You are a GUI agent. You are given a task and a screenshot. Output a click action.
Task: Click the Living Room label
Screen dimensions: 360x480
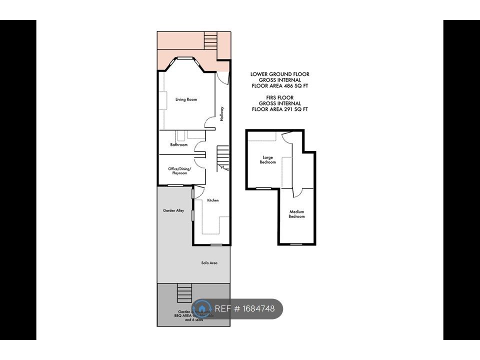[x=186, y=99]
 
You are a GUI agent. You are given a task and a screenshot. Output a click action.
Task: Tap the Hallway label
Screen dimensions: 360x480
[x=222, y=114]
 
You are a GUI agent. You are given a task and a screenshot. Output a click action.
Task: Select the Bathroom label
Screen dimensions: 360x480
[x=178, y=145]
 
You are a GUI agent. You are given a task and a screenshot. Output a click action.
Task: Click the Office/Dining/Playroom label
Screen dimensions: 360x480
[x=180, y=171]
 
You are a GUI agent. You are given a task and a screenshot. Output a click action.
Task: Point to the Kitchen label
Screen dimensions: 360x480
[x=213, y=200]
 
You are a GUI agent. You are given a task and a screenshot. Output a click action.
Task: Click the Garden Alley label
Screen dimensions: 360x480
[x=173, y=210]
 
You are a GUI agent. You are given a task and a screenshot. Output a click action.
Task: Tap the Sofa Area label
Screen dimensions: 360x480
[x=209, y=263]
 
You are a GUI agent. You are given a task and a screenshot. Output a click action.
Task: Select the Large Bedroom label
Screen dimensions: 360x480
[x=267, y=160]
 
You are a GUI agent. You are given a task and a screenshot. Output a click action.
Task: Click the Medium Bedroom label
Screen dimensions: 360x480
[x=296, y=214]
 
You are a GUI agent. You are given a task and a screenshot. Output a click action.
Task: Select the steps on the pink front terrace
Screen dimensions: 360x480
[x=210, y=39]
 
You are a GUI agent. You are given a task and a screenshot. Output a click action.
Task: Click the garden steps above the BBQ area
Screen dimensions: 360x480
[x=184, y=293]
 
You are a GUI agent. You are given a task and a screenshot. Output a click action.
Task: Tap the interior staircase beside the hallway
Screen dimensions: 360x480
[x=222, y=157]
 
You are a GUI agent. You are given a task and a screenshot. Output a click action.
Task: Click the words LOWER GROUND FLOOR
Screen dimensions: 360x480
[x=280, y=74]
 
